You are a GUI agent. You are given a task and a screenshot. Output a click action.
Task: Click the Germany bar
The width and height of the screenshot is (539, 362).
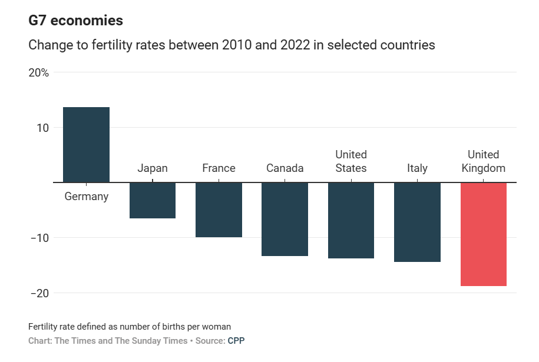[86, 145]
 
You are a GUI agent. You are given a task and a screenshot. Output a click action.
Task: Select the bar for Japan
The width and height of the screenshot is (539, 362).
[152, 200]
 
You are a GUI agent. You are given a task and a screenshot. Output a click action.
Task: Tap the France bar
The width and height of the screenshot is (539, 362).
[219, 210]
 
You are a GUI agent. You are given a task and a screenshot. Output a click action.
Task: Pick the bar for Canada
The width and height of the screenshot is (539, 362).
[285, 219]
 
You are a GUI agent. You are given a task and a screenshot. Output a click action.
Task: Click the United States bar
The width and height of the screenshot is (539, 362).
[350, 220]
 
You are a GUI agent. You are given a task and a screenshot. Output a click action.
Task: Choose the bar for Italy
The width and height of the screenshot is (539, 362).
[417, 222]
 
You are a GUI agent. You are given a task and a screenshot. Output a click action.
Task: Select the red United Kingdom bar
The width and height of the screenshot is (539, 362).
[483, 234]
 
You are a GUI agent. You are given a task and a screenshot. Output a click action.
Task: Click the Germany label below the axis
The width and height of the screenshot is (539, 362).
[86, 197]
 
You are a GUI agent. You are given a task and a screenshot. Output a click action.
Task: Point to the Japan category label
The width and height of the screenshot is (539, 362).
[152, 168]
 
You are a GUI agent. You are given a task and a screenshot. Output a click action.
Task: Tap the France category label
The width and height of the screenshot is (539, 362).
[219, 168]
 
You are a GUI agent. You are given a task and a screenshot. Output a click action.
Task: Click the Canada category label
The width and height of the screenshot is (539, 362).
[285, 168]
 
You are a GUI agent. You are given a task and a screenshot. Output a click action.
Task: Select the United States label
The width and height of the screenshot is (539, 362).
[350, 161]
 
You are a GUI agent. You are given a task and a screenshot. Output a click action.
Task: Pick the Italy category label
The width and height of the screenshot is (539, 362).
[417, 168]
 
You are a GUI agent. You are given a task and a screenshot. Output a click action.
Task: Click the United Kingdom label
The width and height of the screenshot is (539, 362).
[483, 161]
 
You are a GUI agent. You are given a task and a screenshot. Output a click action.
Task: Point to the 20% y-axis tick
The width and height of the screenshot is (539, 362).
[39, 73]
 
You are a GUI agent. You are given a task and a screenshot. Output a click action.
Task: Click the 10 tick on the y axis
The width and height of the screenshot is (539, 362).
[42, 128]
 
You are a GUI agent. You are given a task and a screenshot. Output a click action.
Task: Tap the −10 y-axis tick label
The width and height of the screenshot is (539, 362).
[39, 238]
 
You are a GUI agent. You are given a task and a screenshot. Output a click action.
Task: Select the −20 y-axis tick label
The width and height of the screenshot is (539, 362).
[39, 293]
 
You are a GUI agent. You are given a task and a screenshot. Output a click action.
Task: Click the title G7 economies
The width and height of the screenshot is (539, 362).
[75, 21]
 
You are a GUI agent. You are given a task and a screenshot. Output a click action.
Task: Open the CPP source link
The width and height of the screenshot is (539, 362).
[236, 341]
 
